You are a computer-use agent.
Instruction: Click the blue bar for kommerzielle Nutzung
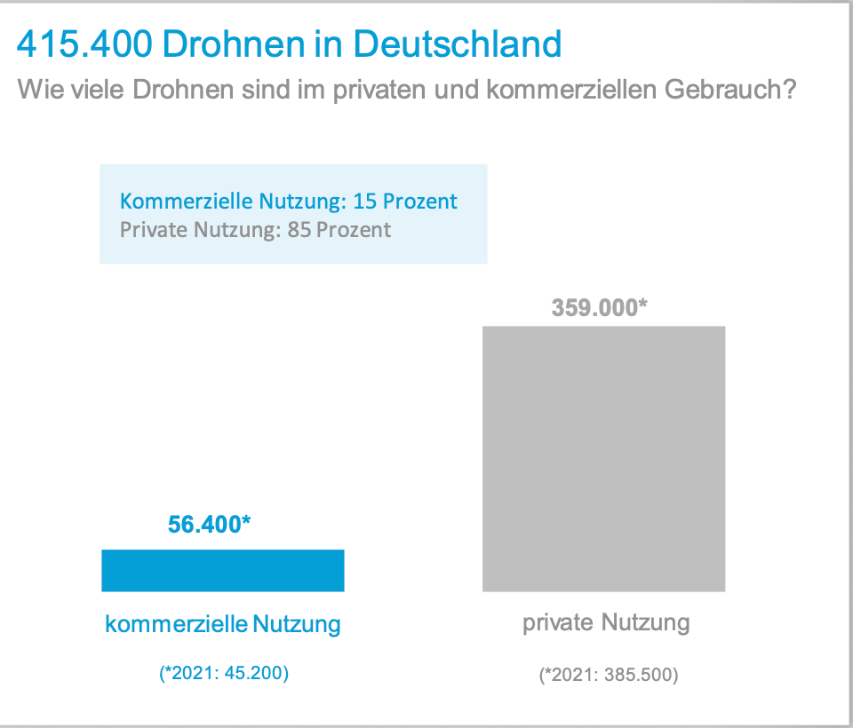(222, 570)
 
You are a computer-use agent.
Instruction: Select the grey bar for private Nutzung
(603, 458)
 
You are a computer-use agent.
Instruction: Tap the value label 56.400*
(209, 524)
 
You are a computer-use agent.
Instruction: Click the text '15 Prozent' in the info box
(405, 202)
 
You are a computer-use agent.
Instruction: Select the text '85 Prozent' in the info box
(339, 230)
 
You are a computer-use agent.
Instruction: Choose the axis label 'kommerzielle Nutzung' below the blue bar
(223, 625)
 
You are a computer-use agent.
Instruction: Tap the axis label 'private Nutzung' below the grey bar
(606, 622)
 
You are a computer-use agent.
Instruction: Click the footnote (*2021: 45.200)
(223, 674)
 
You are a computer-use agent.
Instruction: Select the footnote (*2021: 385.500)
(609, 676)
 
